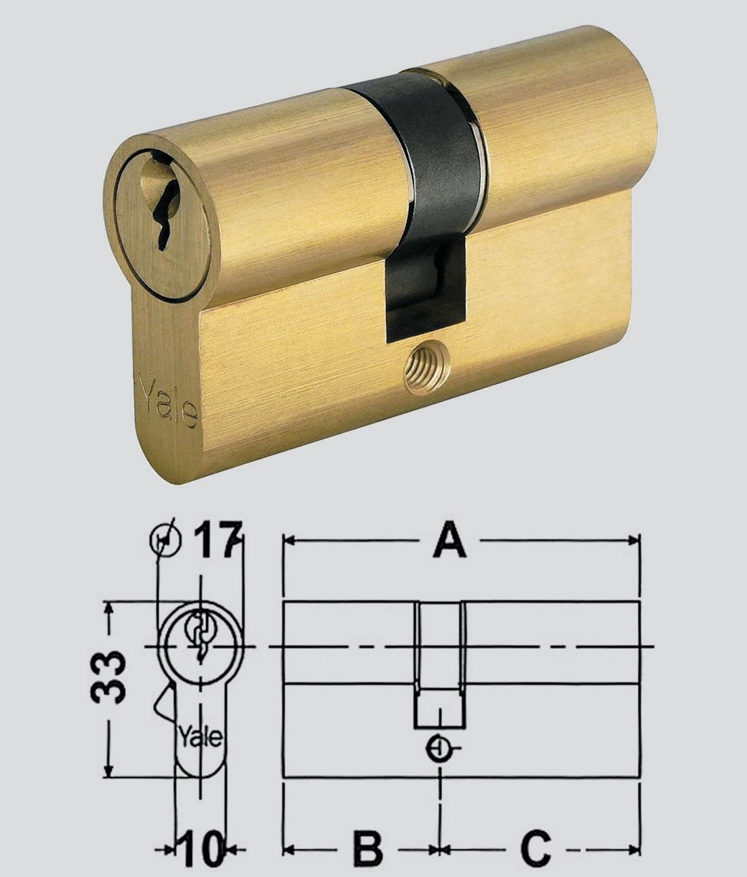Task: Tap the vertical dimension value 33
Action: pos(108,677)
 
